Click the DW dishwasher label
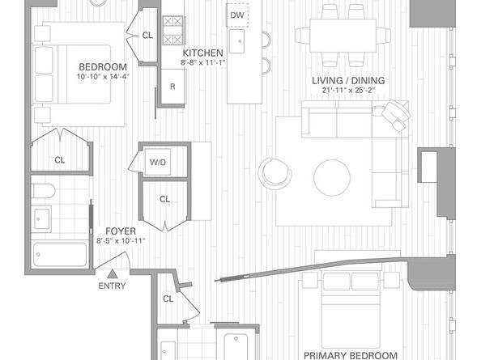236,15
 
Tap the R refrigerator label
172,87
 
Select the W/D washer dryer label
157,162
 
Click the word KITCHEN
202,53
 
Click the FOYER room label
121,231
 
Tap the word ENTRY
113,286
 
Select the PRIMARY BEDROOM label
351,354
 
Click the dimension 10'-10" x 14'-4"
103,77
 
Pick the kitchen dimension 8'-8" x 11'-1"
202,62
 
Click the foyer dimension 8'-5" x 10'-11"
121,240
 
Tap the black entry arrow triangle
113,273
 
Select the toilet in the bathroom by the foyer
46,192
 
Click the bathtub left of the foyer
60,253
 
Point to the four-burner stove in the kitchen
172,30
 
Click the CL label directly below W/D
164,198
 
